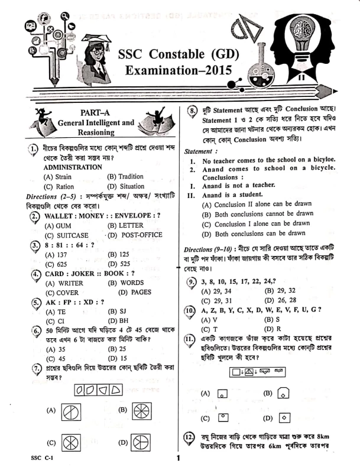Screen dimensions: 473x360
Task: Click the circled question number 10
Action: click(x=189, y=310)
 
